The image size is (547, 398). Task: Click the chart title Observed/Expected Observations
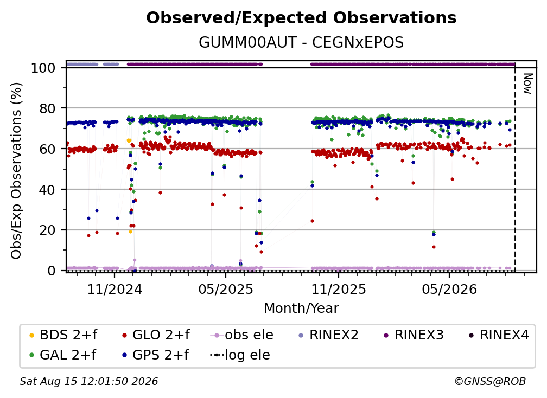(301, 18)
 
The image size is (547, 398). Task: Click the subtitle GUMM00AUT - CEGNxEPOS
(301, 42)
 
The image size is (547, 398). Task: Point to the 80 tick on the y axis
(47, 108)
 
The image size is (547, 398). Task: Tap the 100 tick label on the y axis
(43, 68)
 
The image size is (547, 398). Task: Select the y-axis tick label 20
(47, 230)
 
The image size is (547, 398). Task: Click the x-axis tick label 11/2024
(115, 289)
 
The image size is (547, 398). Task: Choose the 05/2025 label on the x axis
(226, 289)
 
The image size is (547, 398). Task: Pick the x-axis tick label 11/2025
(339, 289)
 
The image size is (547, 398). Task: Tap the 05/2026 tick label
(449, 289)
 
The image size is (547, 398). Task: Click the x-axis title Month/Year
(301, 309)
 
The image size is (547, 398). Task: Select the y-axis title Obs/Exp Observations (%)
(16, 171)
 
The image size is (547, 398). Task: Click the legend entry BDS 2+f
(63, 335)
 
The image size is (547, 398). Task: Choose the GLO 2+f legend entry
(156, 335)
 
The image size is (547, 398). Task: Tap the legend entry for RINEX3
(414, 335)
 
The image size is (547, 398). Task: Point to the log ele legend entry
(240, 355)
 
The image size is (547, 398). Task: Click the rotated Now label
(527, 84)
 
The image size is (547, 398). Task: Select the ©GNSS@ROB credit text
(490, 382)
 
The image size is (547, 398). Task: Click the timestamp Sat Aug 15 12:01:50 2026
(88, 382)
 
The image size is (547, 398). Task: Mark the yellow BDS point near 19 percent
(130, 232)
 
